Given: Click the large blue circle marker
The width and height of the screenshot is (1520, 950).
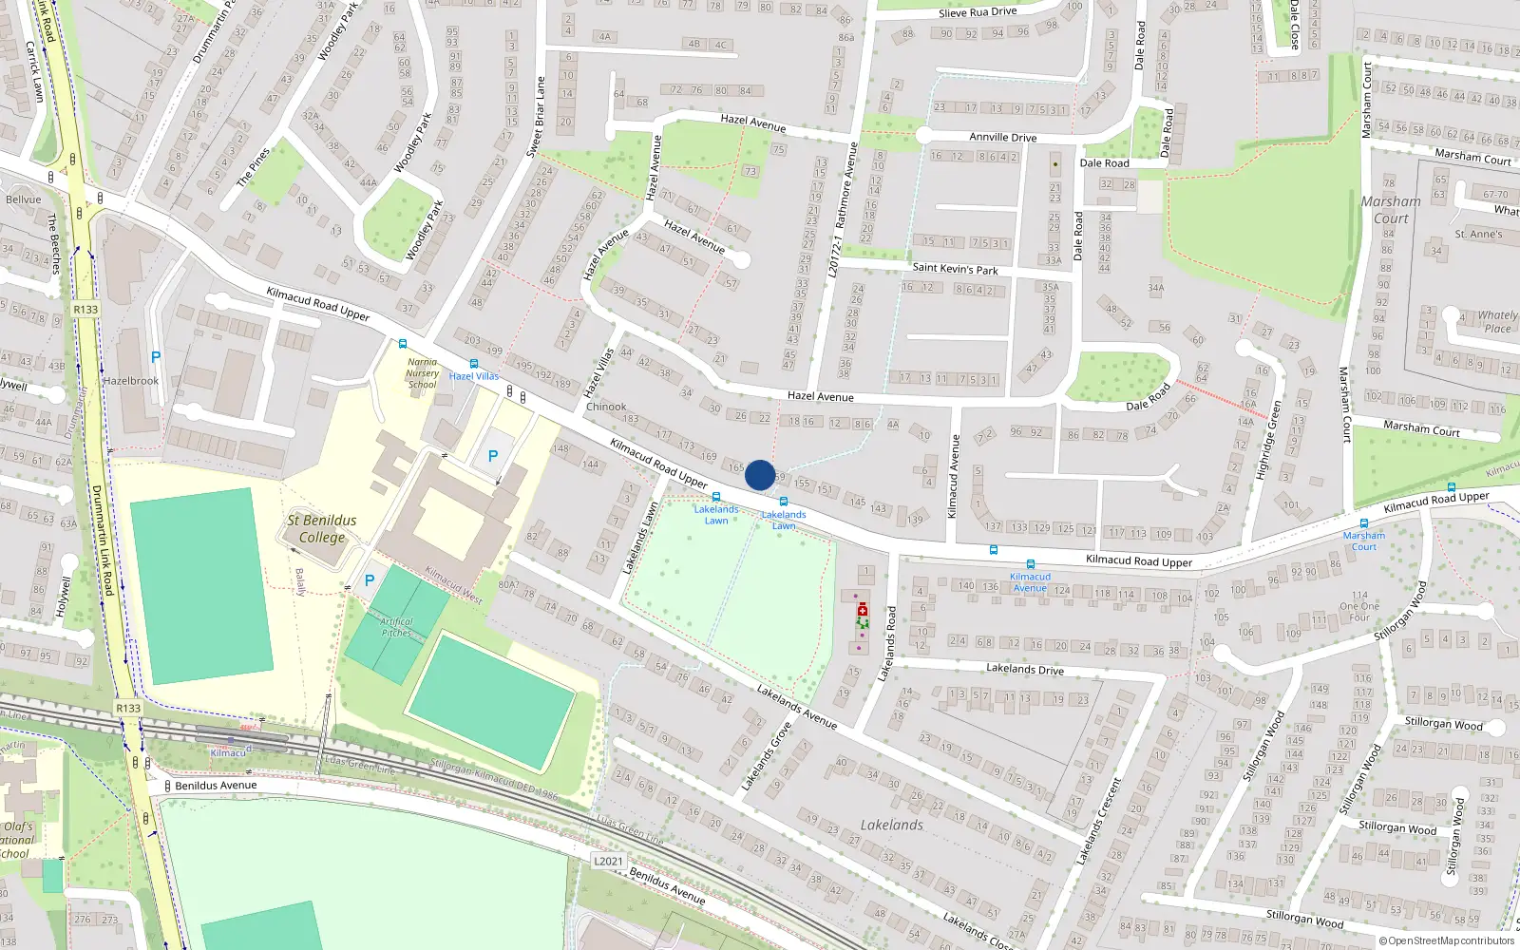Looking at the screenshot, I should pos(760,475).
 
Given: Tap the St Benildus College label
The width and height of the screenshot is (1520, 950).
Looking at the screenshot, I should pos(322,529).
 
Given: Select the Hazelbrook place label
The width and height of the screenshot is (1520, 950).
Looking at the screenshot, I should pos(131,381).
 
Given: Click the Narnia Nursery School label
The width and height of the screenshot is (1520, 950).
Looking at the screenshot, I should pos(423,373).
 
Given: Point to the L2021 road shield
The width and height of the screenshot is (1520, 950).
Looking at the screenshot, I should pos(608,862).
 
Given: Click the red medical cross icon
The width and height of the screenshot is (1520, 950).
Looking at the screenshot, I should pos(863,610).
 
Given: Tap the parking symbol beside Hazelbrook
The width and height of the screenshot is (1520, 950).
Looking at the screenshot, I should pos(156,358).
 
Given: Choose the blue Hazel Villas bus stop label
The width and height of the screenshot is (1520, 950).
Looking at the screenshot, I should pos(474,376).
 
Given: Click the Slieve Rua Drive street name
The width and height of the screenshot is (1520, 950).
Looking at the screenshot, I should pos(978,12).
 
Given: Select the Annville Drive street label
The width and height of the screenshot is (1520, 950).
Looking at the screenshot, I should pos(1002,137).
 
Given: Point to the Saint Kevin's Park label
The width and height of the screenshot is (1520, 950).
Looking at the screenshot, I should pos(955,269).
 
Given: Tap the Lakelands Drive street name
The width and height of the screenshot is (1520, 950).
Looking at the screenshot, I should pos(1024,669).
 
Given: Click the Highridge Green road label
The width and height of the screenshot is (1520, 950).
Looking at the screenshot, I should pos(1268,440).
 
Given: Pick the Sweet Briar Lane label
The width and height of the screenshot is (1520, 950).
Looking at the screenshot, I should pos(537,116).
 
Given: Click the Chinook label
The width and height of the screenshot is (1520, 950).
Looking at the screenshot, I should pos(606,407).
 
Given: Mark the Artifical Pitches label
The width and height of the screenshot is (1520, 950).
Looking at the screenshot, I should pos(396,627).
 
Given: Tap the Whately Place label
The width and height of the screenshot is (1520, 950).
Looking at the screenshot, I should pos(1497,322).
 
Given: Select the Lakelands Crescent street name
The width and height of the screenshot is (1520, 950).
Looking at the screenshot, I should pos(1098,822).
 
